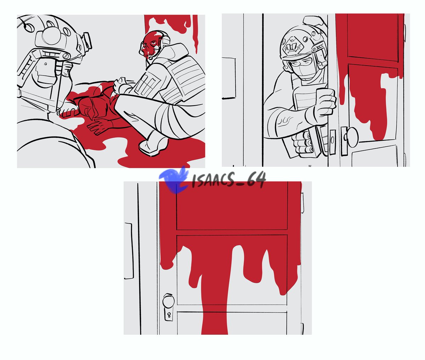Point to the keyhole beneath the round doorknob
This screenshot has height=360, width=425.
169,315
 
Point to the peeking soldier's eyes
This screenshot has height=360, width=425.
301,62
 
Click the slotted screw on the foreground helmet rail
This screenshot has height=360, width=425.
66,56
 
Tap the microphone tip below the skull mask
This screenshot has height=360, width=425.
151,58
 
